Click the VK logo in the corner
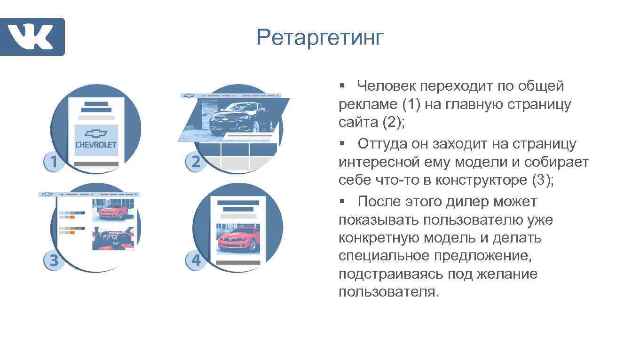click(x=32, y=37)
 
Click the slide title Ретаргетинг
click(x=320, y=38)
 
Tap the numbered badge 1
click(x=54, y=162)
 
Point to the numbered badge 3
click(x=54, y=261)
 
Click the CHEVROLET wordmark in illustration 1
click(x=96, y=144)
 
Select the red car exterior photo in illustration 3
click(x=113, y=210)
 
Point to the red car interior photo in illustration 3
click(x=113, y=238)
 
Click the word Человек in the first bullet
click(x=387, y=86)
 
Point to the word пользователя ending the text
click(x=388, y=292)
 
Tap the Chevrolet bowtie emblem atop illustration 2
click(x=189, y=95)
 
